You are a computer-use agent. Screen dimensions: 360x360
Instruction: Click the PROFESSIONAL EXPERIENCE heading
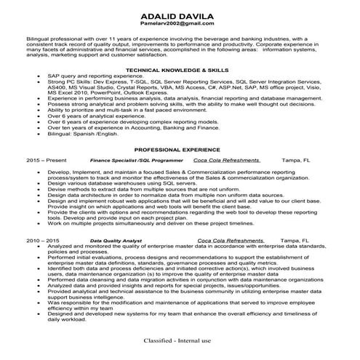tap(180, 147)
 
